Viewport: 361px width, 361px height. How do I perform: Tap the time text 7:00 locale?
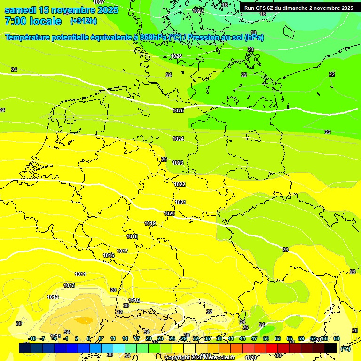click(x=33, y=21)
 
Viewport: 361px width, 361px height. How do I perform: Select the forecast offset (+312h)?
click(x=84, y=21)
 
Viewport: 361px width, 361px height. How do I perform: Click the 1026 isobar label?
click(x=176, y=56)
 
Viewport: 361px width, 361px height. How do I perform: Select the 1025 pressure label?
click(x=178, y=110)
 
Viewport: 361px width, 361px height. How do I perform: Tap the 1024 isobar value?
click(x=178, y=139)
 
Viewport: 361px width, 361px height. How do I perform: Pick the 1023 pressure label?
click(x=178, y=163)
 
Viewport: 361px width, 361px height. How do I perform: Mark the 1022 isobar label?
click(x=180, y=184)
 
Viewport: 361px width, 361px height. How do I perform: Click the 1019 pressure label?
click(x=150, y=223)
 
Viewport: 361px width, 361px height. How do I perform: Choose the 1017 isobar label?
click(x=122, y=251)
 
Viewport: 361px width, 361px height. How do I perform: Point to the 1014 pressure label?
click(x=80, y=274)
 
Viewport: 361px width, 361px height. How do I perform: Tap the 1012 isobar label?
click(x=53, y=297)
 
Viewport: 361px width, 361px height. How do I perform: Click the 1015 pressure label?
click(x=134, y=300)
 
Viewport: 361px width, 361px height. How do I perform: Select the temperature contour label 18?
click(x=253, y=32)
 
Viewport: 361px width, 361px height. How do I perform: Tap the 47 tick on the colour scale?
click(x=254, y=338)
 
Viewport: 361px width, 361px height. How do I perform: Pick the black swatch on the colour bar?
click(x=330, y=348)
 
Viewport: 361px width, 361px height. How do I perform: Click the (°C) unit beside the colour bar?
click(x=345, y=348)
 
